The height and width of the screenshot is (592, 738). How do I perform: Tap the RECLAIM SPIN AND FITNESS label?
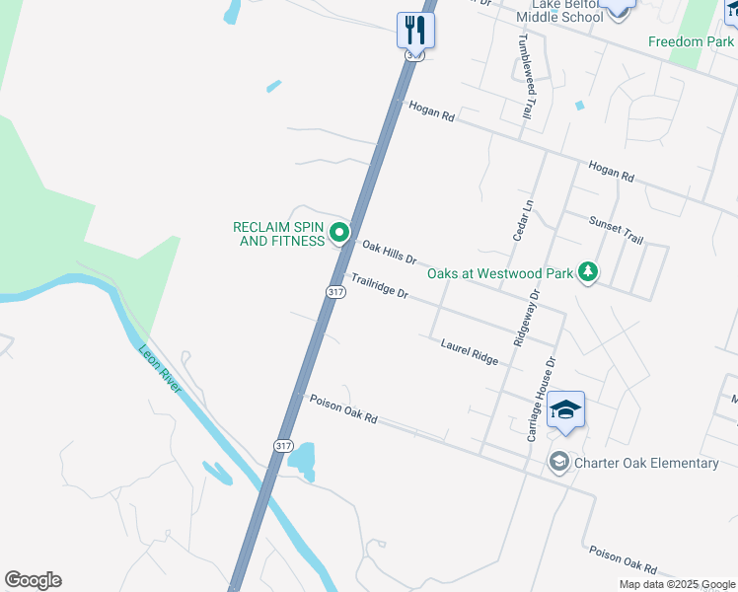point(279,234)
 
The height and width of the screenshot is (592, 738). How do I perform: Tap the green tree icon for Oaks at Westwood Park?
point(588,270)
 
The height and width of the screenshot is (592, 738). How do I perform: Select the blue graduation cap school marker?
point(565,409)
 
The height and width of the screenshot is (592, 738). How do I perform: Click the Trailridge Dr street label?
point(380,287)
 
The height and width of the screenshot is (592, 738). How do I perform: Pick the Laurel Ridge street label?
point(470,352)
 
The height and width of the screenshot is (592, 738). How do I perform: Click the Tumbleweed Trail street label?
point(527,77)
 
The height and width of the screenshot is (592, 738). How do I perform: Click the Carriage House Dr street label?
point(542,399)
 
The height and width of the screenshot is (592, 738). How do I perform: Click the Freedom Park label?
point(691,41)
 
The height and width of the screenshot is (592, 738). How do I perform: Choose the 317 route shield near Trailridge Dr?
point(335,292)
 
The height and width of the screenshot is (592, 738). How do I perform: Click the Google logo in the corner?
point(33,580)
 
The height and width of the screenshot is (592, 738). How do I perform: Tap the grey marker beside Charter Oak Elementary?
point(558,462)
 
